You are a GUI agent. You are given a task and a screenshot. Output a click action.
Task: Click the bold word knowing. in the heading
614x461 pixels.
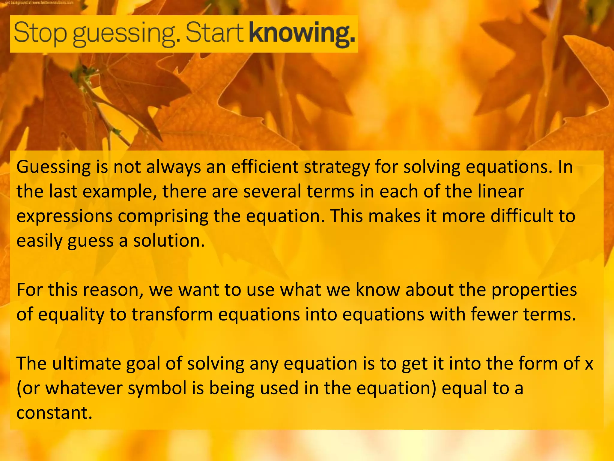[x=302, y=33]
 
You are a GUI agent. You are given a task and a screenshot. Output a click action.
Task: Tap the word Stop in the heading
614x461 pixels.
[x=40, y=33]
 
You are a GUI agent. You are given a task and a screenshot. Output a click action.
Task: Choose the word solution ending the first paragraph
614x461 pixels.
[x=169, y=241]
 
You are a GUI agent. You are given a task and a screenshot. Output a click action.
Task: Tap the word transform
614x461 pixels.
[x=172, y=315]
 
